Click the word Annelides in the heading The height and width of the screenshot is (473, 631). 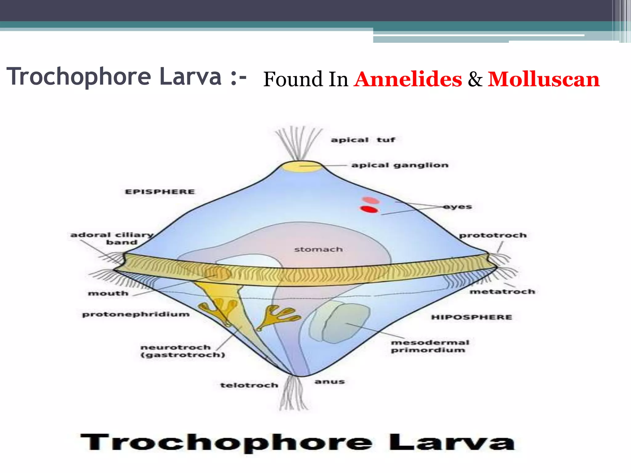pos(408,79)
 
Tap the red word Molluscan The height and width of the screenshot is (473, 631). pos(543,79)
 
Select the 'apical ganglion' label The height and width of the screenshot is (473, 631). pos(400,165)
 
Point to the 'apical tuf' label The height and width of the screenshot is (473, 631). pos(363,140)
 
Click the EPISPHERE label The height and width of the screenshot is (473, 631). pos(160,192)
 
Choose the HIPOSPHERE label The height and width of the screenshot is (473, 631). pos(471,317)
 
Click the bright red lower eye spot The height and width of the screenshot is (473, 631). pos(369,209)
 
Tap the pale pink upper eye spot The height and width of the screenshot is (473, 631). pos(371,200)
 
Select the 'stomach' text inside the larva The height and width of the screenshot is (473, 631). pos(318,249)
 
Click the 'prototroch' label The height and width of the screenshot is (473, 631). pos(493,236)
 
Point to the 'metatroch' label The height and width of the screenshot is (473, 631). pos(502,292)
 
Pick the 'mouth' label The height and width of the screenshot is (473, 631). pos(108,293)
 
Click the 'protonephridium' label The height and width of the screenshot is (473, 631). pos(136,314)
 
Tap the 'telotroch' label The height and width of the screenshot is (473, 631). pos(249,385)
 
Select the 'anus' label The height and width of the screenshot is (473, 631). pos(329,382)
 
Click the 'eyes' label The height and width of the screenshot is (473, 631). pos(458,207)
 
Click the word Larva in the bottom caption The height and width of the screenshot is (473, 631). pos(452,443)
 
